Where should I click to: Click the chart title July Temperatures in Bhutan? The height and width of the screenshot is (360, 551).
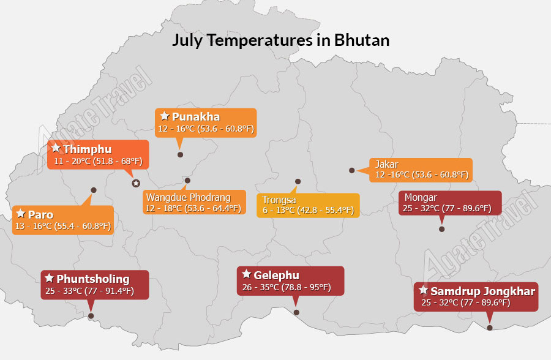281,40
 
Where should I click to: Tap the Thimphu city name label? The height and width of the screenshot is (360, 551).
88,149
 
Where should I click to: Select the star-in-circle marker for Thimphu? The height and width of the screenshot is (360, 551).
136,183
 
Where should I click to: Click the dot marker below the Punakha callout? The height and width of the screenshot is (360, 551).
180,155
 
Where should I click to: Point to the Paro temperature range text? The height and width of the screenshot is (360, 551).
63,226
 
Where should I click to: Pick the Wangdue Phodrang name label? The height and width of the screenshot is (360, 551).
189,197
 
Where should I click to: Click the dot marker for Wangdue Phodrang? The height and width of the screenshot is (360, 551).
188,181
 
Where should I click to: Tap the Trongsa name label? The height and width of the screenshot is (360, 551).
279,200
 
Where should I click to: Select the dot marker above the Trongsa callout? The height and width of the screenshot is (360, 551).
298,182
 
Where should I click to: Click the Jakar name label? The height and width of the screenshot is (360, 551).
387,164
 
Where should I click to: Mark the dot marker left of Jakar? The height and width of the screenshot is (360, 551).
352,170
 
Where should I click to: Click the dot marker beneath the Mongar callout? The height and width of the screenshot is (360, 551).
441,229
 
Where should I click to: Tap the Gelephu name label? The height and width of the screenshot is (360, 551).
277,276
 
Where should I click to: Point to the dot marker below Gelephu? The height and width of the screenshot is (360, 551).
296,312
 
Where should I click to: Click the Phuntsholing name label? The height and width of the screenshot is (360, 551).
93,279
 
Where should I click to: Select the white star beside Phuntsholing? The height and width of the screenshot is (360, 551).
49,278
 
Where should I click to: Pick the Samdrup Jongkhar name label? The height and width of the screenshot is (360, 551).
483,291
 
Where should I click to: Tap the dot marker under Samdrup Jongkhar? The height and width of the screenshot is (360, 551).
490,328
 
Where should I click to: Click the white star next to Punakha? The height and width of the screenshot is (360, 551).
165,116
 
